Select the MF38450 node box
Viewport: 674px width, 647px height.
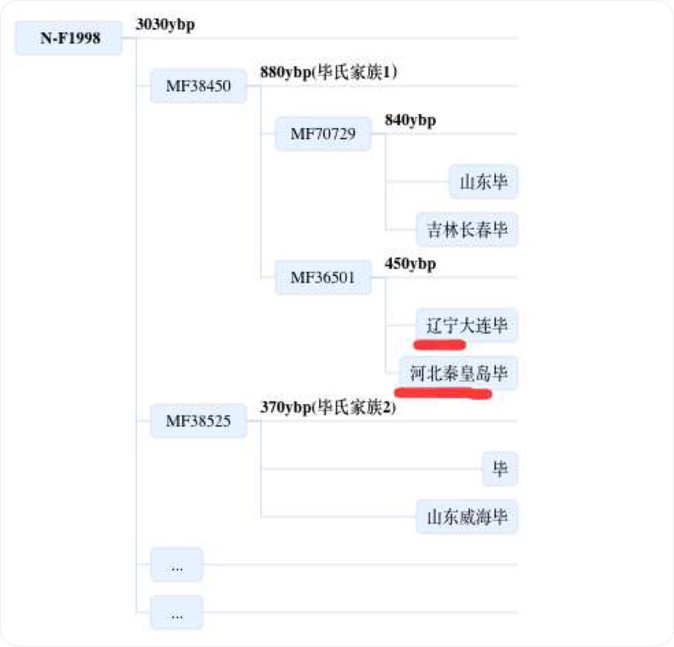pyautogui.click(x=198, y=86)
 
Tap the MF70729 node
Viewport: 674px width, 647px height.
pyautogui.click(x=323, y=133)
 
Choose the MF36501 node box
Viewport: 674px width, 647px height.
pyautogui.click(x=323, y=277)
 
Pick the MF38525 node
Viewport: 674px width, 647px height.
pyautogui.click(x=198, y=421)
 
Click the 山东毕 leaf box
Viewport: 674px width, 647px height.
pyautogui.click(x=484, y=182)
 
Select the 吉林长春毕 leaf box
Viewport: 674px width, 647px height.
pyautogui.click(x=467, y=230)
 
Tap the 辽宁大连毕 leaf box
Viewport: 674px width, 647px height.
pyautogui.click(x=467, y=325)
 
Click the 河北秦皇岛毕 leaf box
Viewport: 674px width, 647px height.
pyautogui.click(x=459, y=373)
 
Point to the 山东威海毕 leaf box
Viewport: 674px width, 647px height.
pyautogui.click(x=467, y=517)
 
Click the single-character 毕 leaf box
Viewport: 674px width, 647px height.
pyautogui.click(x=500, y=469)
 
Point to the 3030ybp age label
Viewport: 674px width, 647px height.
pyautogui.click(x=165, y=24)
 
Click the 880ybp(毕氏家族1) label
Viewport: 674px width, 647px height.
pyautogui.click(x=329, y=72)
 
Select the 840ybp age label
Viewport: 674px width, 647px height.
pyautogui.click(x=410, y=121)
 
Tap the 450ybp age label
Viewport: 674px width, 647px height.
pyautogui.click(x=410, y=264)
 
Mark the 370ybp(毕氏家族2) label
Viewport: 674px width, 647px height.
pyautogui.click(x=329, y=408)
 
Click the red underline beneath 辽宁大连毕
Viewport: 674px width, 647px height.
pyautogui.click(x=439, y=344)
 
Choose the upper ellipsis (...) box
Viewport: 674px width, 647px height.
pyautogui.click(x=177, y=565)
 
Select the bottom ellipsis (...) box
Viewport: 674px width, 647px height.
pyautogui.click(x=177, y=612)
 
